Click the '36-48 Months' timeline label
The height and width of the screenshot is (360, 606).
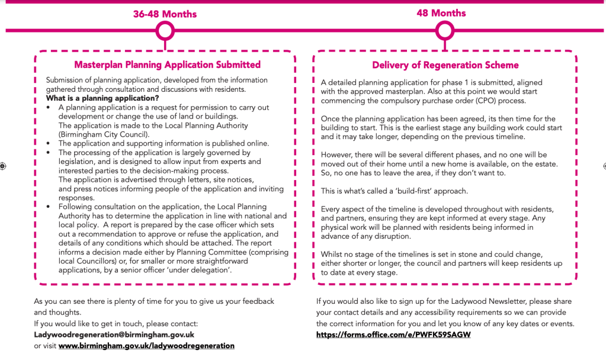tap(165, 14)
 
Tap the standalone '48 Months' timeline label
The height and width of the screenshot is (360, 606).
tap(441, 13)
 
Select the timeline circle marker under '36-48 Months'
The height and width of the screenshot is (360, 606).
tap(165, 30)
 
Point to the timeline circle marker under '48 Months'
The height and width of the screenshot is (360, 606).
tap(444, 30)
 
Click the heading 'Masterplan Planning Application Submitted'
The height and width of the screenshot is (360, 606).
tap(167, 65)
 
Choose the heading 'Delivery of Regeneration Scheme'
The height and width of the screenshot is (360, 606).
tap(445, 65)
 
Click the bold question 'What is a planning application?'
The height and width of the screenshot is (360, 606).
tap(102, 98)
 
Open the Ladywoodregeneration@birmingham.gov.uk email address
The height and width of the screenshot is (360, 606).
tap(114, 335)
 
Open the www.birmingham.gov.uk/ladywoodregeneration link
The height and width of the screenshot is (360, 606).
tap(146, 346)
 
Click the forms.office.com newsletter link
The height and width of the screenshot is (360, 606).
tap(393, 335)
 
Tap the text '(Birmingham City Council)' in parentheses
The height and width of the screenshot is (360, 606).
tap(104, 134)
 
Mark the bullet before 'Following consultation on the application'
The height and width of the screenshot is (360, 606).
tap(49, 207)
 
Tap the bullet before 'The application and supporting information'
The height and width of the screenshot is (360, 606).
tap(49, 143)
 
